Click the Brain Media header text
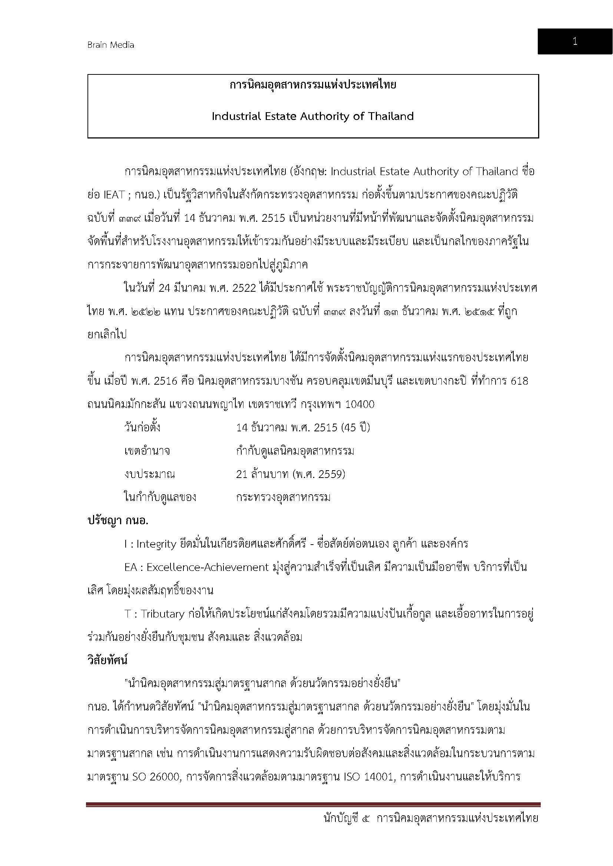110,45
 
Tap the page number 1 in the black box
575,41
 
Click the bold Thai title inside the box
312,85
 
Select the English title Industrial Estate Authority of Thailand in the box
312,116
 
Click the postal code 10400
360,405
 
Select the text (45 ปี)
355,428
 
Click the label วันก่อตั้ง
142,428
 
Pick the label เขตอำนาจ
147,451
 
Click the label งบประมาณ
149,474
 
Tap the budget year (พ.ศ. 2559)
319,474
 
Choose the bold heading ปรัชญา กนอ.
118,521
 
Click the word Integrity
156,544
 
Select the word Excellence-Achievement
207,567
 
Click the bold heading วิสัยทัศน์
107,661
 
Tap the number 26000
165,777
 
